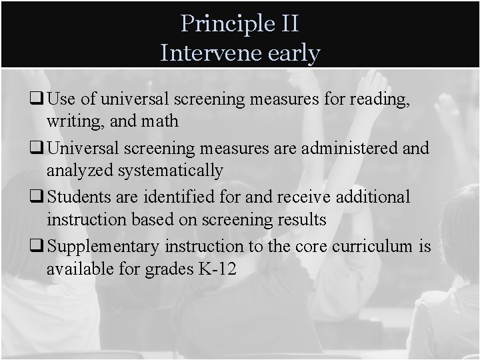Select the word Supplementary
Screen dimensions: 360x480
103,246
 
